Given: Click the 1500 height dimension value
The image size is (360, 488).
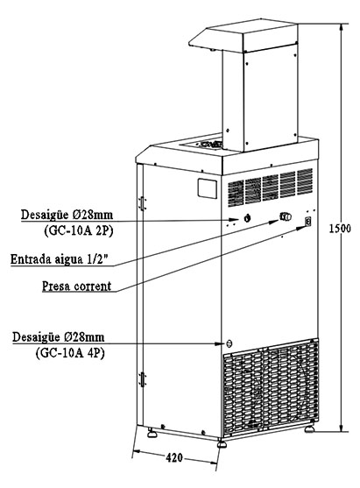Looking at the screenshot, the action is coord(340,229).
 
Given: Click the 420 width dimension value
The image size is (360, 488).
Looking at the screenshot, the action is coord(174,457).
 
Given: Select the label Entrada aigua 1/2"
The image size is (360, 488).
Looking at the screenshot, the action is coord(60,259).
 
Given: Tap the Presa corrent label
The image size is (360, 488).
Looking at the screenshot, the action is coord(76,286).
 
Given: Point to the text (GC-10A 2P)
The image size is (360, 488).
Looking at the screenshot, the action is coord(79,231).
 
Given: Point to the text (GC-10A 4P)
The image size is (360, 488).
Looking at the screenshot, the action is coord(70,353).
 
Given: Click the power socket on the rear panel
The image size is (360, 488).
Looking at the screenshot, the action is coord(308,222).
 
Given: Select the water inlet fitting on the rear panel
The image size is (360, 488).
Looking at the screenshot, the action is coord(286,216).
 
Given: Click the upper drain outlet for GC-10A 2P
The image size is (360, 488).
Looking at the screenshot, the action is coord(247,218).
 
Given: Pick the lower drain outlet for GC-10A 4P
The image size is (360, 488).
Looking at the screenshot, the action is coord(229,343).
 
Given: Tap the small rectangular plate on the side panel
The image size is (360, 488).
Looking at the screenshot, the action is coord(208,188).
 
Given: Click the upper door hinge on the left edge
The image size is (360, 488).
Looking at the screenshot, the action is coord(142,203).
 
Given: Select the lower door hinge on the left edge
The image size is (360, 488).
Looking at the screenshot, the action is coord(142,379).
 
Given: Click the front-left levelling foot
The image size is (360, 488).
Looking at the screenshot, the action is coord(222,443).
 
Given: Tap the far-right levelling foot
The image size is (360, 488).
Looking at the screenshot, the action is coord(309,428).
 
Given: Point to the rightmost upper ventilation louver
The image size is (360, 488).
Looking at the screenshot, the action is coord(305,181).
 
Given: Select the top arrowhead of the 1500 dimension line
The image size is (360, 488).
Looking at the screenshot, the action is coord(342,27).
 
